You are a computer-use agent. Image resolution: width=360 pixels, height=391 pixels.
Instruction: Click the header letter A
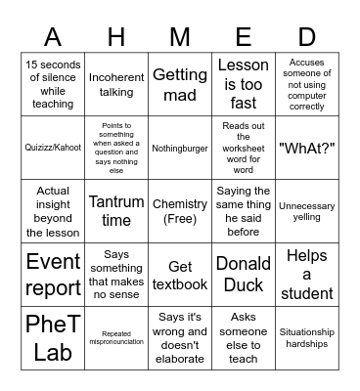[53, 36]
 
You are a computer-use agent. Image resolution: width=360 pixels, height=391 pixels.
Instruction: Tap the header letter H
[116, 36]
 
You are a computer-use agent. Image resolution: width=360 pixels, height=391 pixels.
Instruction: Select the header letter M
[180, 36]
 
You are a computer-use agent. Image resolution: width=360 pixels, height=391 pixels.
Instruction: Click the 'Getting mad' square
[180, 83]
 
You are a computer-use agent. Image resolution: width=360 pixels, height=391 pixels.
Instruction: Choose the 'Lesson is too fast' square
[243, 83]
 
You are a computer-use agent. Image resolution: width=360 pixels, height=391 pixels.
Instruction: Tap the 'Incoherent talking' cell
[116, 83]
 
